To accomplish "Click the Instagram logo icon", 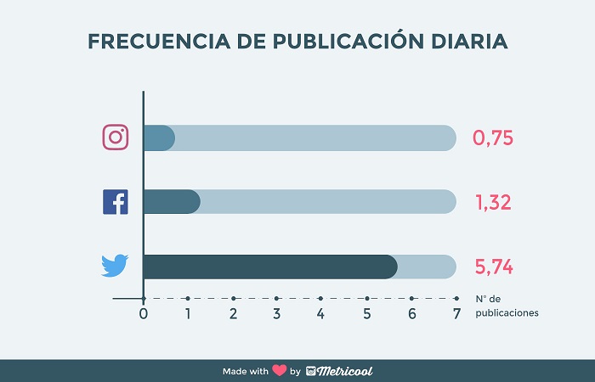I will tap(115, 138).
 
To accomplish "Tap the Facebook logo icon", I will tap(115, 202).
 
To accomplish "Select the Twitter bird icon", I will tap(115, 266).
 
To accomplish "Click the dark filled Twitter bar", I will tap(269, 266).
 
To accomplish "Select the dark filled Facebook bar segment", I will tap(172, 202).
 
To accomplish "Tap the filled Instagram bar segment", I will tap(159, 138).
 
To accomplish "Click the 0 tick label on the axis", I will tap(144, 314).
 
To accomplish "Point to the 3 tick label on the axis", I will tap(277, 314).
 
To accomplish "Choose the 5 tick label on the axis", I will tap(367, 314).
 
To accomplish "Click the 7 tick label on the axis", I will tap(456, 314).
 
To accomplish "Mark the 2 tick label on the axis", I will tap(233, 314).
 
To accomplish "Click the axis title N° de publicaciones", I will tap(507, 306).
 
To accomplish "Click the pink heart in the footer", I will tap(278, 371).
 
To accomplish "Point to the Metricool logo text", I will tap(345, 371).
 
